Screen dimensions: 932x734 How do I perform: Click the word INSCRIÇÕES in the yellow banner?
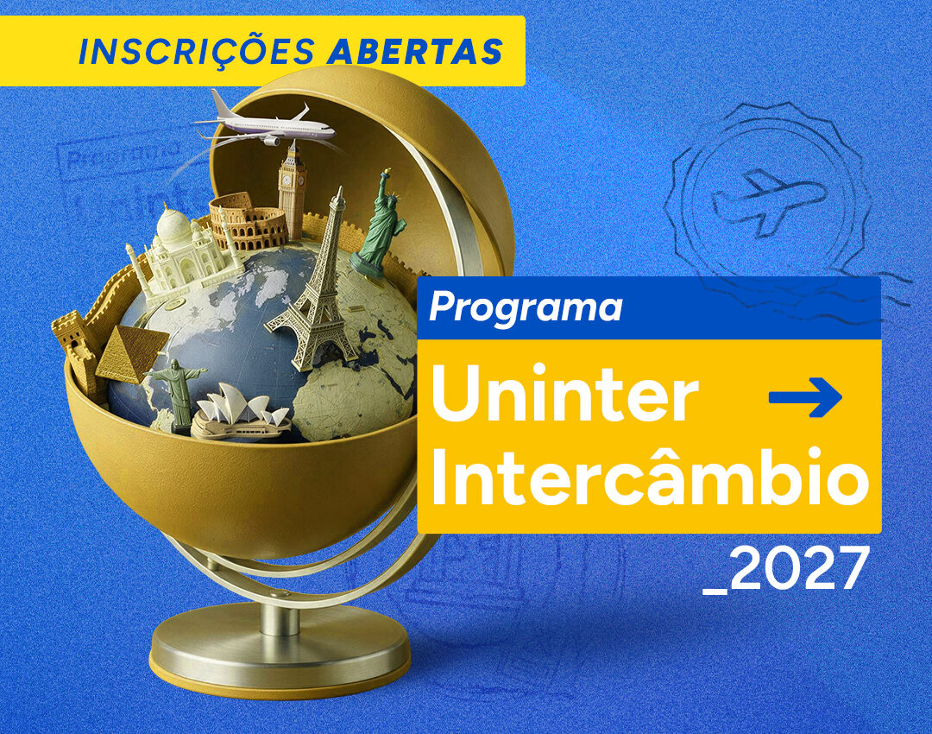197,51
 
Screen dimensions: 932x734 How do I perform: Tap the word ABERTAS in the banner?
415,51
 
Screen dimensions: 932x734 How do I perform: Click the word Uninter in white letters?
564,393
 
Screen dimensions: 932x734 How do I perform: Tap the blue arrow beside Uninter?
805,396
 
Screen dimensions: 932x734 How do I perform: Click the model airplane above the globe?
265,123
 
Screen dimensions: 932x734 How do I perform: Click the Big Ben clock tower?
293,189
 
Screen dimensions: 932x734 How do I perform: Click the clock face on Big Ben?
287,180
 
